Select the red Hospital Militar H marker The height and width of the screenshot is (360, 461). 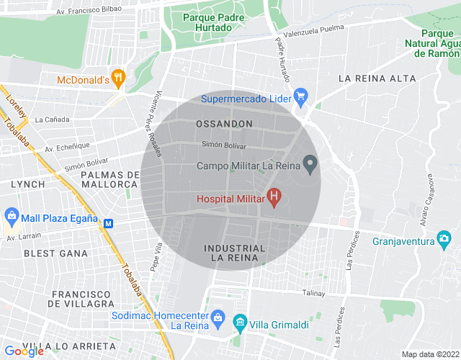(274, 195)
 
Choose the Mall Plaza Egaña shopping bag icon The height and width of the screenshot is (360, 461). (12, 215)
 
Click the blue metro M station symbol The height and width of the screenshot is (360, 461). (109, 223)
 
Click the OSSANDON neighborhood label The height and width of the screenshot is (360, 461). (224, 124)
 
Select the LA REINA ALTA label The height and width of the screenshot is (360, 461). (377, 78)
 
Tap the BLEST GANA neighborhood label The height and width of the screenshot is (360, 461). (55, 253)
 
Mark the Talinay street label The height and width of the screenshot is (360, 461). (314, 293)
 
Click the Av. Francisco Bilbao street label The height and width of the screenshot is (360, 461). (89, 10)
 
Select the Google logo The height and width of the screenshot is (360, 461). (24, 351)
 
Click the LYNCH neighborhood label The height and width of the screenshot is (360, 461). (27, 184)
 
